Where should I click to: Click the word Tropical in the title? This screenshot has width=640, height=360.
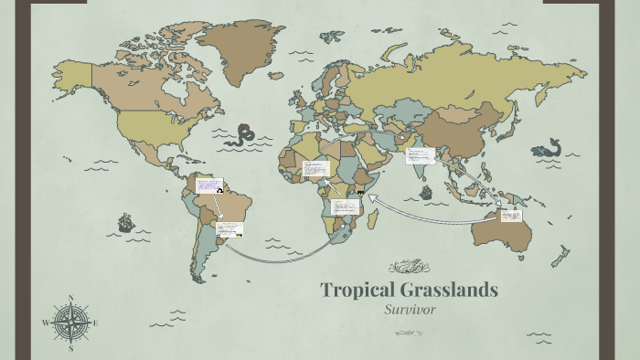(353, 291)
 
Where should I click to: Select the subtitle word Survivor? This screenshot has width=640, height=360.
(409, 310)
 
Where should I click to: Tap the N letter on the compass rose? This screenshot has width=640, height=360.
(70, 298)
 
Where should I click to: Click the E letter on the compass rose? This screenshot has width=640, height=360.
(95, 323)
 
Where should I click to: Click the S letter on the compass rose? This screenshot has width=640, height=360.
(70, 348)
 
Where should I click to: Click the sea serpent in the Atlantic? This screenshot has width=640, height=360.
(242, 135)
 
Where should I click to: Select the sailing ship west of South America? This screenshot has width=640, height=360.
(125, 222)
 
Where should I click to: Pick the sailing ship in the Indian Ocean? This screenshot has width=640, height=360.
(425, 193)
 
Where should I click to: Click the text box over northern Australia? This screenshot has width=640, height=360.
(511, 217)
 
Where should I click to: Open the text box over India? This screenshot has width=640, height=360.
(420, 155)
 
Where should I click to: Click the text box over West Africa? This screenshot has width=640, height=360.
(315, 168)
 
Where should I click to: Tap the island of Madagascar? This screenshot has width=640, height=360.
(376, 216)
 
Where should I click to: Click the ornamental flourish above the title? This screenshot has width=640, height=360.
(409, 267)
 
